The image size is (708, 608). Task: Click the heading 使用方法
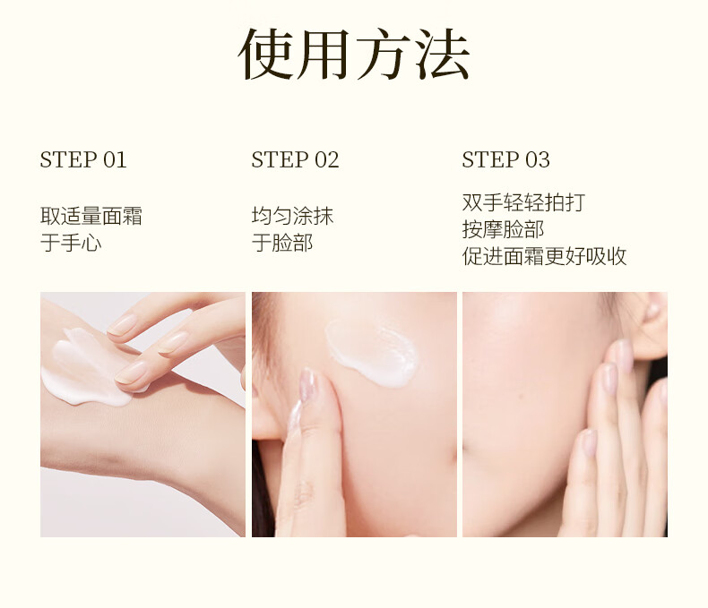tap(354, 55)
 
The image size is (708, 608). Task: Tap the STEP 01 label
tap(83, 159)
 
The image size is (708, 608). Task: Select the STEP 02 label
tap(295, 159)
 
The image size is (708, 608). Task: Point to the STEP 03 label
tap(505, 159)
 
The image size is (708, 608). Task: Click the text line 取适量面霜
tap(91, 216)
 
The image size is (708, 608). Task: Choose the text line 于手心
tap(71, 243)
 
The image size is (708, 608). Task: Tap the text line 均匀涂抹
tap(292, 216)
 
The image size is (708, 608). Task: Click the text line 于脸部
tap(282, 243)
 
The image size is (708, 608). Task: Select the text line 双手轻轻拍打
tap(523, 202)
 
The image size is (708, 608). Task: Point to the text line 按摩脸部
tap(503, 229)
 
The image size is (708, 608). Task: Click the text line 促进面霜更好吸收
tap(544, 256)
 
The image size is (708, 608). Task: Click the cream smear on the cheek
tap(371, 353)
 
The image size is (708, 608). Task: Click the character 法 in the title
tap(443, 55)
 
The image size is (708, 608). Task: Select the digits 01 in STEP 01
tap(115, 159)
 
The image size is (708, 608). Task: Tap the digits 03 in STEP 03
tap(538, 159)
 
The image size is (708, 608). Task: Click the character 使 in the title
tap(265, 55)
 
